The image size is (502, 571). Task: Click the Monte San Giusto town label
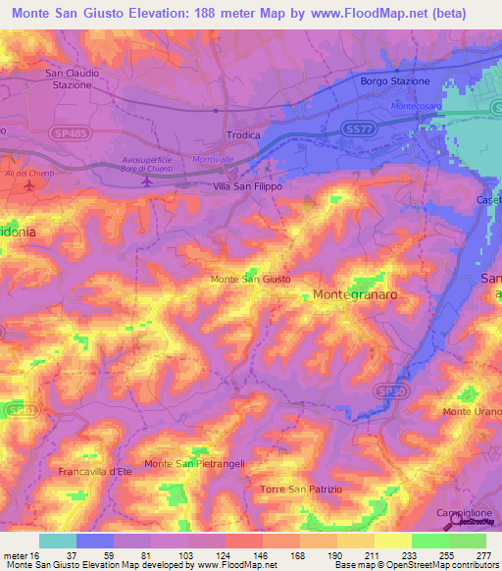point(250,280)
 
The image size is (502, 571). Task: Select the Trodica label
point(242,135)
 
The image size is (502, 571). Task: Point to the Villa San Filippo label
point(248,184)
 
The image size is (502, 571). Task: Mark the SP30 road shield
point(390,390)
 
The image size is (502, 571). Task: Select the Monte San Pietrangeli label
point(193,463)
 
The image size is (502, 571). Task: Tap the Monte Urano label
point(473,411)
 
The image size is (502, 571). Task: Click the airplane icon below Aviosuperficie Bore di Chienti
point(147,181)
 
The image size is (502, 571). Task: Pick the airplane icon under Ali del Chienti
point(27,184)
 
